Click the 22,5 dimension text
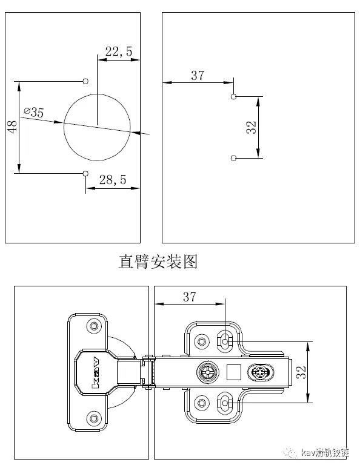[x=118, y=52]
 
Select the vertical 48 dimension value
[x=11, y=127]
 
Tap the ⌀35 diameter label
[x=33, y=112]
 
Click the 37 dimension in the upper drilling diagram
[x=198, y=76]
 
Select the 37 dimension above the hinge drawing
[x=189, y=297]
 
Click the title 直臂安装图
[x=158, y=262]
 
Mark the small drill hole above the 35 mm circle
[x=85, y=80]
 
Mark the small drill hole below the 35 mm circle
[x=85, y=174]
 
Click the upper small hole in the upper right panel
[x=233, y=96]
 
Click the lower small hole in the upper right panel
[x=233, y=158]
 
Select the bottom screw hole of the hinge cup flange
[x=93, y=418]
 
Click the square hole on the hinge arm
[x=233, y=371]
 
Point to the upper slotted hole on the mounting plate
[x=225, y=341]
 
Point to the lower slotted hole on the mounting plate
[x=225, y=401]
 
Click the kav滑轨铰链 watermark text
[x=324, y=453]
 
